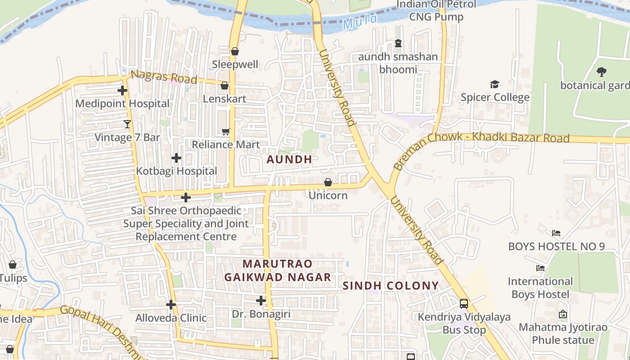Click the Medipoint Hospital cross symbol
coord(122,90)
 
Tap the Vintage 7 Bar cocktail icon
coord(127,124)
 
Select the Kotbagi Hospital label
coord(176,171)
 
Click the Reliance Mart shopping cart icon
coord(225,131)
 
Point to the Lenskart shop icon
coord(225,85)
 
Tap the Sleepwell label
coord(235,64)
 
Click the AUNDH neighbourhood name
coord(289,159)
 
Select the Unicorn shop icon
coord(328,182)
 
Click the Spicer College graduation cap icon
coord(495,84)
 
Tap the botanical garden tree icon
coord(601,72)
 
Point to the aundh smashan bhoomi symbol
coord(398,44)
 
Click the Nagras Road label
coord(164,77)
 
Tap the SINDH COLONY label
coord(391,286)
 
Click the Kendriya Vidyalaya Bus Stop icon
coord(464,304)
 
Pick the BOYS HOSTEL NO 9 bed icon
coord(556,233)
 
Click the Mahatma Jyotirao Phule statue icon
coord(562,314)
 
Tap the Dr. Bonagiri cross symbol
coord(261,300)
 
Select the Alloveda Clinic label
coord(171,318)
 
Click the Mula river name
coord(354,23)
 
